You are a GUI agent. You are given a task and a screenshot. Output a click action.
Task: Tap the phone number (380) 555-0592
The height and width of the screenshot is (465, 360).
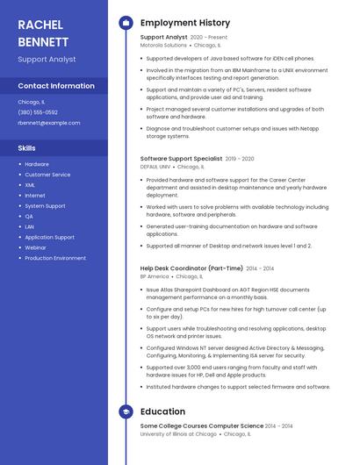(38, 112)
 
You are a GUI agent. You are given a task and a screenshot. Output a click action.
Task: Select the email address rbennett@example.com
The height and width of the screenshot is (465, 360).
(48, 123)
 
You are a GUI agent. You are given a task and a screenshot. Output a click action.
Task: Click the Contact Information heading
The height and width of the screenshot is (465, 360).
(56, 86)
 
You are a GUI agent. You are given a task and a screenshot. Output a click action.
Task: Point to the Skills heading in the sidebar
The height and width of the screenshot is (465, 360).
(26, 148)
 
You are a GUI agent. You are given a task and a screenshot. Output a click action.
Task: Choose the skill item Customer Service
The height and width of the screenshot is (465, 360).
(47, 175)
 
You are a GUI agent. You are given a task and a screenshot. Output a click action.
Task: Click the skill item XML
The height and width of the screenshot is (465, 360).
(30, 185)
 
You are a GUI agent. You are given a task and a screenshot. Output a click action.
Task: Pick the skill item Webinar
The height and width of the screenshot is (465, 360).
(35, 247)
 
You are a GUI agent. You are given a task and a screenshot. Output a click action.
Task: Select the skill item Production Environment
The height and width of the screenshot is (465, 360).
(55, 258)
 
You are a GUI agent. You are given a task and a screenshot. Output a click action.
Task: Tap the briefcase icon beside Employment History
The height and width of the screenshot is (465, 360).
(126, 23)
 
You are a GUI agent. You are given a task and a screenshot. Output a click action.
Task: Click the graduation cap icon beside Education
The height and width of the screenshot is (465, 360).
(126, 411)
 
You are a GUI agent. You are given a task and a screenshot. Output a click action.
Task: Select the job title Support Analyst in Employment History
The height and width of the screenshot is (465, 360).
(163, 38)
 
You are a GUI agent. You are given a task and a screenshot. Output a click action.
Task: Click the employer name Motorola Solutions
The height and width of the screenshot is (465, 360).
(163, 45)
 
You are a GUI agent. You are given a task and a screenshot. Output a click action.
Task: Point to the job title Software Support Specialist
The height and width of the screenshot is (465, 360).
(181, 159)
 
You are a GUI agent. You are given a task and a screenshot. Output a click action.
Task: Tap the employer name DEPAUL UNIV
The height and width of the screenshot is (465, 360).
(155, 166)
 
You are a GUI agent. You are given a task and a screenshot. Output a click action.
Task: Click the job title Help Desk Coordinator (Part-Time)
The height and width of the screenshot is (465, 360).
(191, 268)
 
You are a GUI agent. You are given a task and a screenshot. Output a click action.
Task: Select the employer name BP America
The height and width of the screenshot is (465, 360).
(155, 276)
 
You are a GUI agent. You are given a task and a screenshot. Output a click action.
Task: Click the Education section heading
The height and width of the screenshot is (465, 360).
(162, 411)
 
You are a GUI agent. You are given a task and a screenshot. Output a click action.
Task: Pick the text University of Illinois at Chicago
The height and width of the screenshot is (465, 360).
(178, 433)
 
